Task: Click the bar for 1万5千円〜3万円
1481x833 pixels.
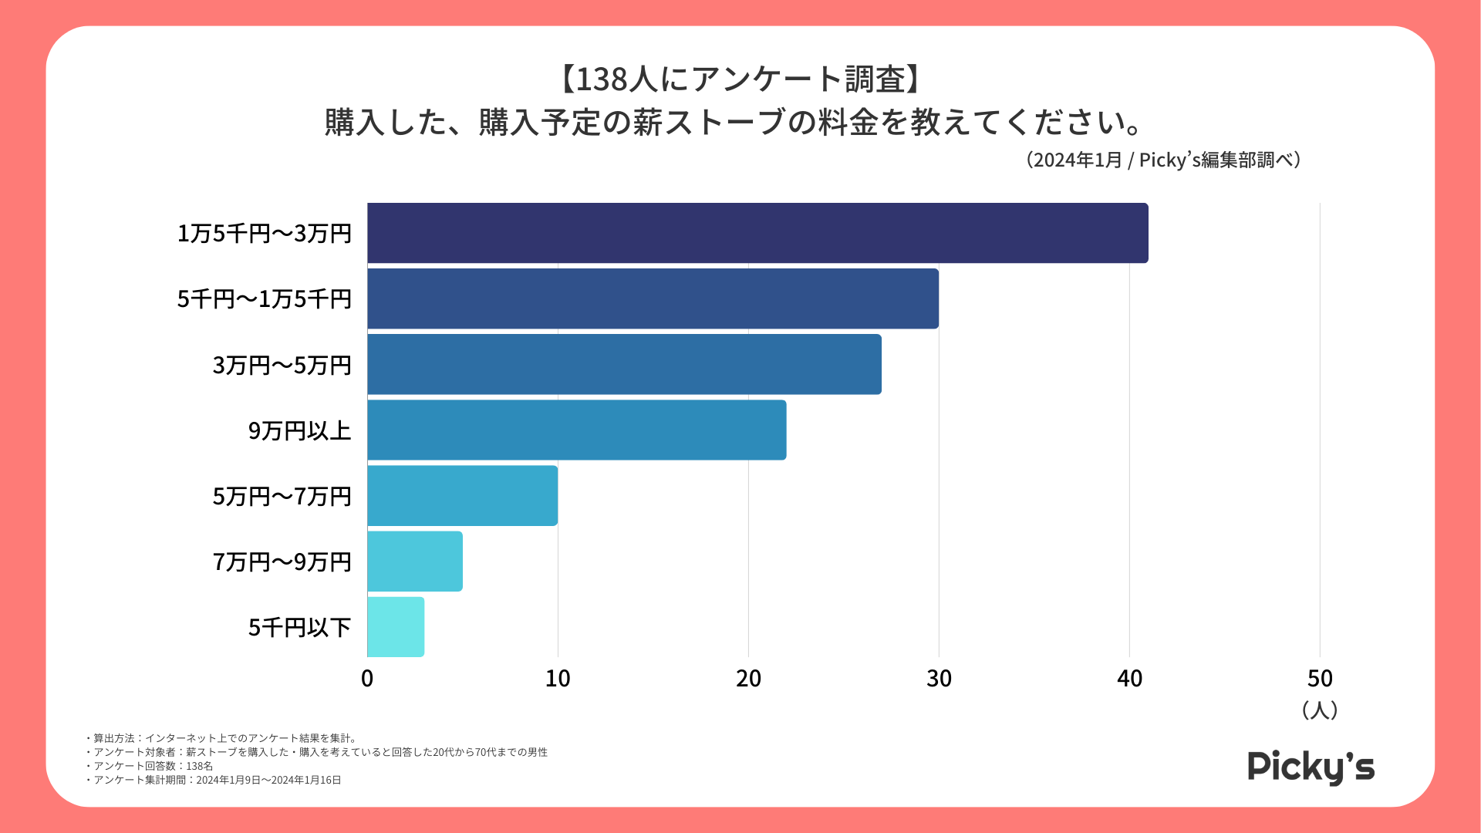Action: coord(757,233)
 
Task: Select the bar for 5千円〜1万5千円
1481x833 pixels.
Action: coord(653,298)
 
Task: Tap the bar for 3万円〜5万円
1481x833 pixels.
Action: coord(624,364)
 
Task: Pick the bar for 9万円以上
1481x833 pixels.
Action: coord(576,430)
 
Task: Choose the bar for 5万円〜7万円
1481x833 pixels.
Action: coord(462,495)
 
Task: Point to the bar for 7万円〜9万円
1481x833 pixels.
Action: coord(414,561)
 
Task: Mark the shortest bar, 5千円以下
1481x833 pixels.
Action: coord(396,626)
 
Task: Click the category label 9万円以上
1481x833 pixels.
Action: coord(299,430)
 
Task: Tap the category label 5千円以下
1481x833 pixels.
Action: coord(299,627)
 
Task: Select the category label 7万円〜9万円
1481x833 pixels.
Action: coord(282,562)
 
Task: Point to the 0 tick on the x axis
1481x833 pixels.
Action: coord(367,679)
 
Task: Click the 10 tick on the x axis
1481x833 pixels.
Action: coord(558,679)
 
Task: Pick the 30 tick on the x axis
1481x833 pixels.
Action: coord(939,679)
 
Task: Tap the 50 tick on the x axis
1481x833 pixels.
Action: coord(1320,679)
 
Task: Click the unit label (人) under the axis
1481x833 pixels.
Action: coord(1319,710)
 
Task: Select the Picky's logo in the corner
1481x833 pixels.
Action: coord(1311,767)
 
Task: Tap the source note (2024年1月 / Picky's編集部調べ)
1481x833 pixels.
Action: coord(1163,160)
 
